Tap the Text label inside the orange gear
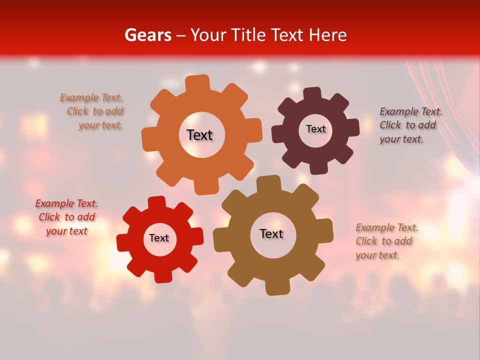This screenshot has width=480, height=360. coord(199,135)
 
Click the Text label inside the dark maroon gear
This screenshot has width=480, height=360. coord(315,129)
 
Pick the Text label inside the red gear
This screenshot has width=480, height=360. coord(159,238)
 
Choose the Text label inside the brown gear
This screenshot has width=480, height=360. coord(271,233)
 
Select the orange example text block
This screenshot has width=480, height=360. coord(92,111)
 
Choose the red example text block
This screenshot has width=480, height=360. coord(67,217)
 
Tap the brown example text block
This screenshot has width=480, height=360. coord(385,241)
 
